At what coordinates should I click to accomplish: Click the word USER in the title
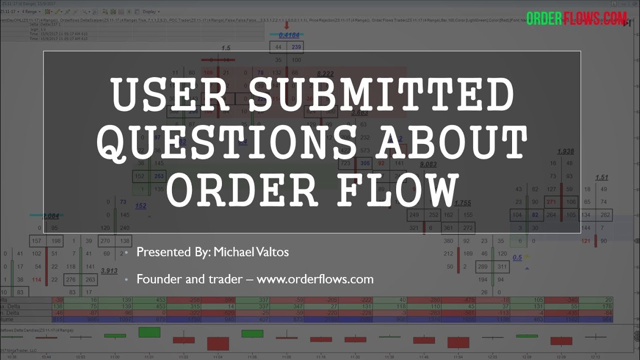169,95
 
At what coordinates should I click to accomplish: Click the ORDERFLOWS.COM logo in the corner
576,19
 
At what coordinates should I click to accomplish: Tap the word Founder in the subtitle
158,279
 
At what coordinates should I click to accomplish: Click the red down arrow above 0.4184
286,25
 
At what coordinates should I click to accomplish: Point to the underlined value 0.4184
289,35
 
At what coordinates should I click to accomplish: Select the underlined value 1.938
565,151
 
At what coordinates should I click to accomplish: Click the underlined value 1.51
601,177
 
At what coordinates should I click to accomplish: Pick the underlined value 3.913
109,270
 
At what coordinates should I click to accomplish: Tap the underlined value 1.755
462,203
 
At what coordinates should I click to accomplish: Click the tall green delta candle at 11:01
149,332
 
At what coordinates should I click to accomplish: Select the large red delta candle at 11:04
218,343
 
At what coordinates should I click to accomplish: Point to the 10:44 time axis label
46,357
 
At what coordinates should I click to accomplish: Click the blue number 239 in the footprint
296,47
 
